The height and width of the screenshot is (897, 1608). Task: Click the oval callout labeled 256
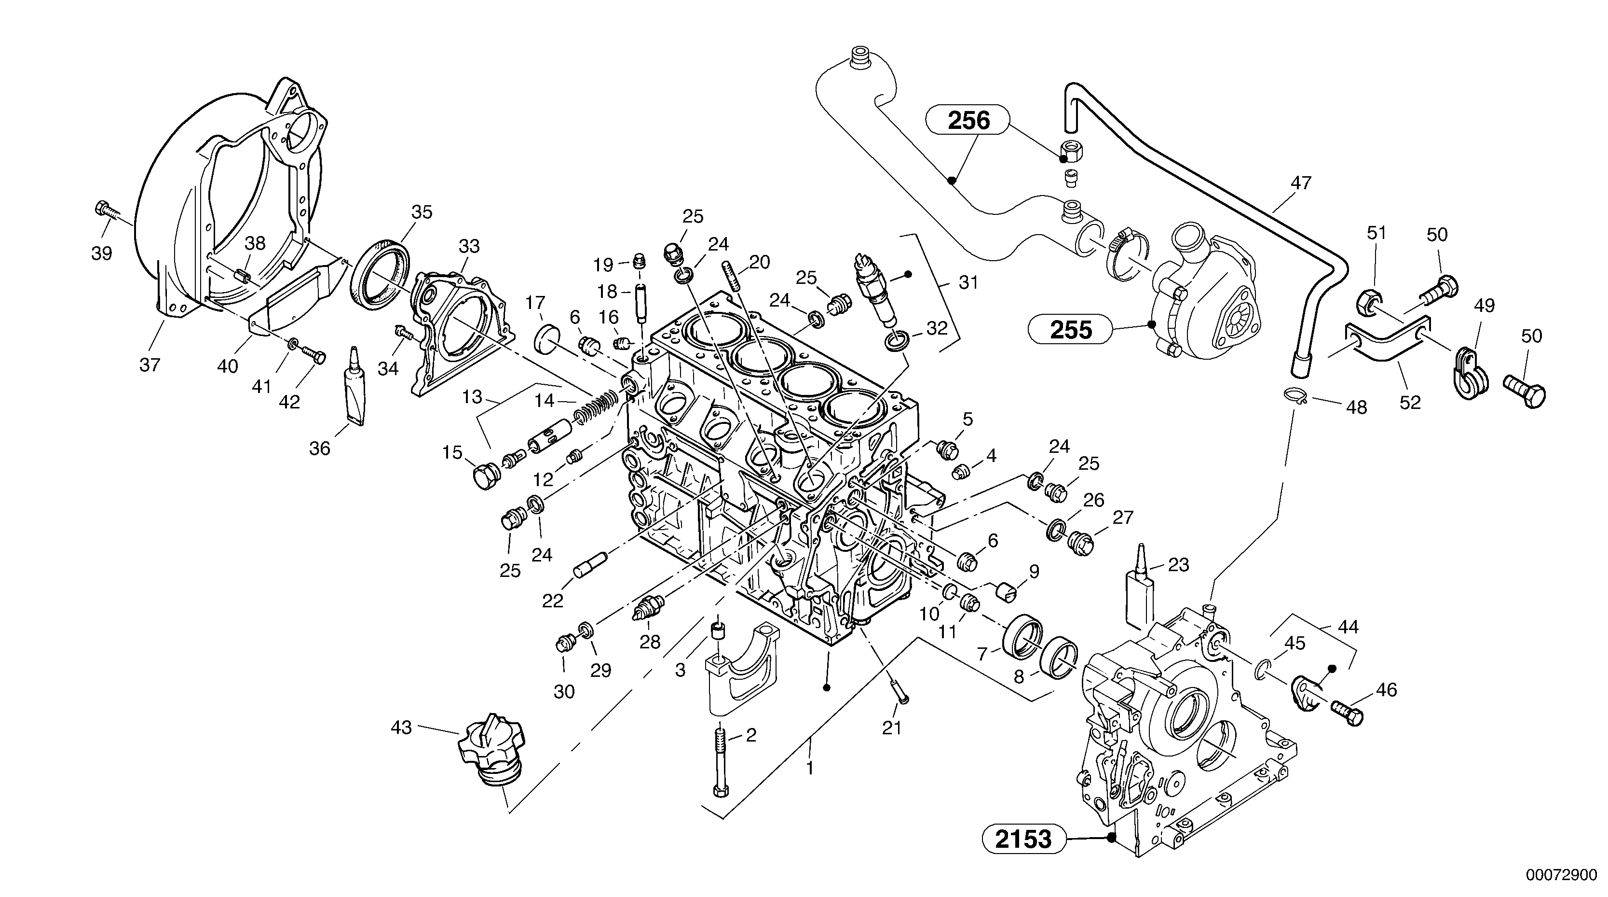pyautogui.click(x=968, y=120)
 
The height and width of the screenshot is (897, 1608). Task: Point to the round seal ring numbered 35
pyautogui.click(x=380, y=272)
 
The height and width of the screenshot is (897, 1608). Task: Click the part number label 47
pyautogui.click(x=1300, y=183)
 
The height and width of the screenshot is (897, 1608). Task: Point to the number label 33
pyautogui.click(x=469, y=246)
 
